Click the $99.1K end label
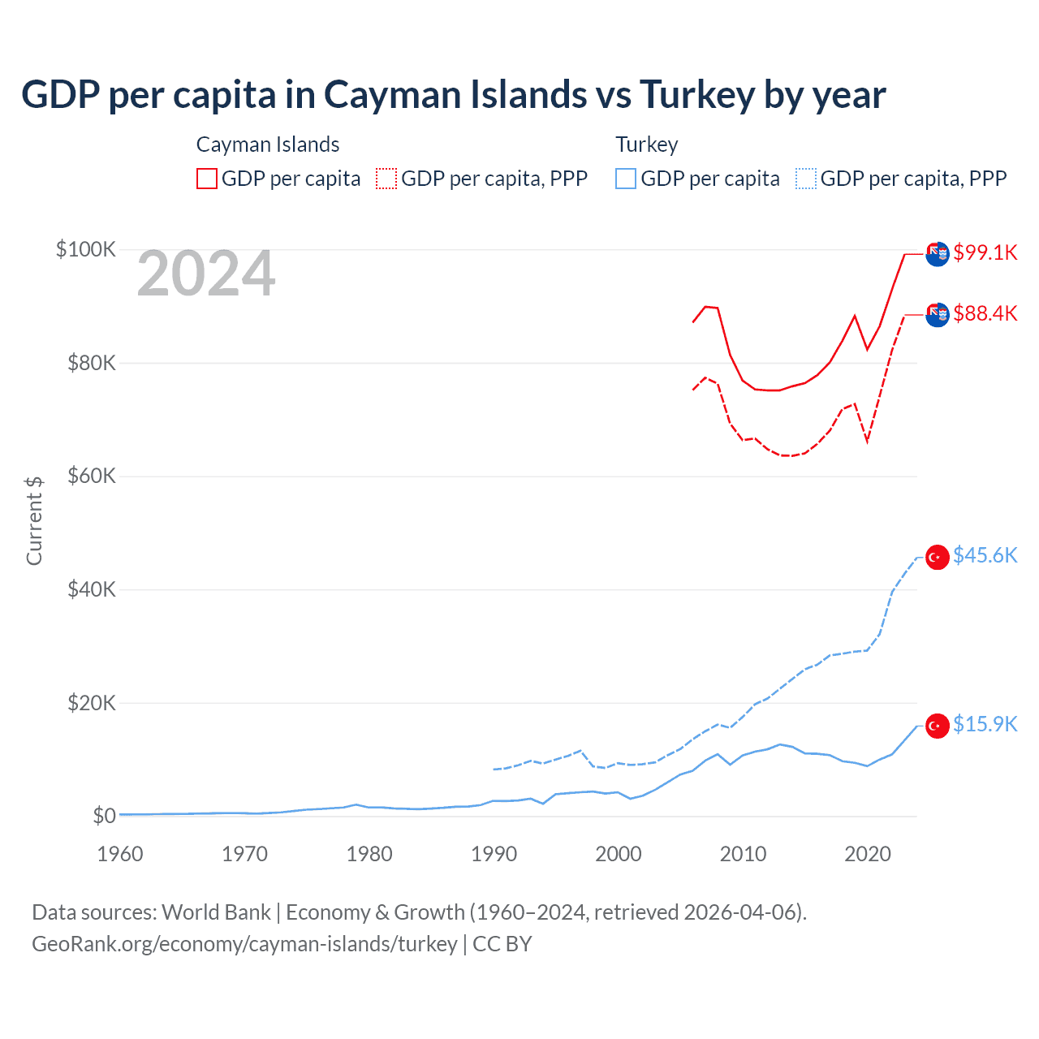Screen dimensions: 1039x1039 (985, 252)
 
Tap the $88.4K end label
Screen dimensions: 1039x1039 (985, 313)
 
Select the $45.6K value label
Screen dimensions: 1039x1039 (985, 555)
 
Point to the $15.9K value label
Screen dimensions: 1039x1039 (985, 724)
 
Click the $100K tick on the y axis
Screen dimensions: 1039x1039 (86, 249)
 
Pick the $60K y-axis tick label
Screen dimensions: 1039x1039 (92, 476)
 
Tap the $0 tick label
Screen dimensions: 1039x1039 (104, 816)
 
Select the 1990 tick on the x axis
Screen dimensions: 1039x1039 (494, 854)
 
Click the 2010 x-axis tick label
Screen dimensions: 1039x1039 (743, 854)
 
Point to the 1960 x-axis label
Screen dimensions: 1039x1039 (120, 854)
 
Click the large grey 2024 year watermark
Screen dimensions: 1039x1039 (206, 274)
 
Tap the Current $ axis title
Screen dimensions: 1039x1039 (34, 521)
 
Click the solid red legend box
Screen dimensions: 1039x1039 (207, 179)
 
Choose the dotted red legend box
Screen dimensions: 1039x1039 (386, 179)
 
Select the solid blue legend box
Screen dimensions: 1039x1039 (626, 179)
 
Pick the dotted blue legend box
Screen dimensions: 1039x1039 (806, 179)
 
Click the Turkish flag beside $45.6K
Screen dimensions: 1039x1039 (938, 558)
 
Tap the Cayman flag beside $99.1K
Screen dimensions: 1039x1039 (938, 253)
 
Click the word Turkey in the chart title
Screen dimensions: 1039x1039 (697, 95)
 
